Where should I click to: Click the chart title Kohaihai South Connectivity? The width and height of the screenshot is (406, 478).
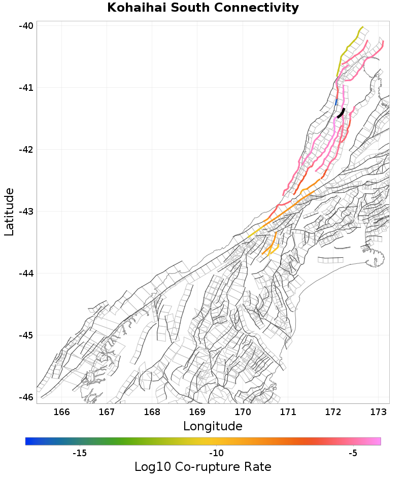coord(203,8)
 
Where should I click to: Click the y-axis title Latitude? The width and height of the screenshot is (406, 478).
coord(9,212)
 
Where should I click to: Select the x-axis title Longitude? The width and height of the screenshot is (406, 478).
coord(213,426)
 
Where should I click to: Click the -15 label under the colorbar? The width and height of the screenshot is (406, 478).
coord(80,453)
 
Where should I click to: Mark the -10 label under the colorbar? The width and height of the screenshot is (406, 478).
coord(217,453)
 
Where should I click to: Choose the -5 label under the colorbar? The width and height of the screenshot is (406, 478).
coord(354,453)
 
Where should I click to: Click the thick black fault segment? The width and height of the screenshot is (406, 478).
coord(341,113)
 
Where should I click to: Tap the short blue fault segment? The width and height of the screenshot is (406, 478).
coord(336,102)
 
